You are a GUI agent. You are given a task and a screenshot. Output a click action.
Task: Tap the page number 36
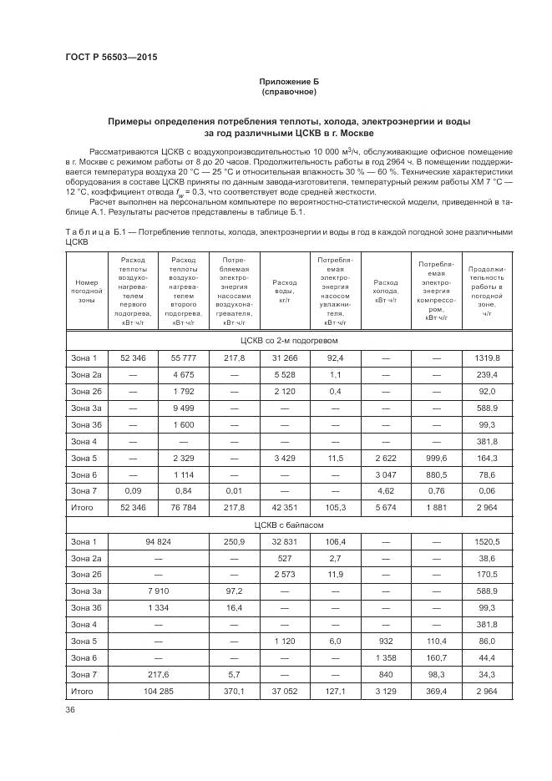coord(70,709)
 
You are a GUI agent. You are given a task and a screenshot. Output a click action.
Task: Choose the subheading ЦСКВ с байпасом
coord(288,525)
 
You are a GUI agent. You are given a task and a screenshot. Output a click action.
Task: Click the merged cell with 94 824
coord(158,542)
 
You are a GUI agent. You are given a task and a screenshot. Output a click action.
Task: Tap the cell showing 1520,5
coord(487,542)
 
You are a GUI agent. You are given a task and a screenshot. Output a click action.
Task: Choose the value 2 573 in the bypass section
coord(285,576)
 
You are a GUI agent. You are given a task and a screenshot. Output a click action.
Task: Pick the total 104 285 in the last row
coord(158,692)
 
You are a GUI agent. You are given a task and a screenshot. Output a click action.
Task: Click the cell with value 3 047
coord(386,474)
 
